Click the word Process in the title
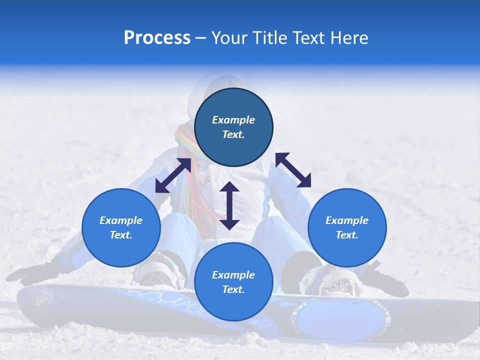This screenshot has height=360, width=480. (157, 38)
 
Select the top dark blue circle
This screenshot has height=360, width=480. (233, 127)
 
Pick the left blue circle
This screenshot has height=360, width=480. (121, 227)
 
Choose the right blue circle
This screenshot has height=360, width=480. (347, 227)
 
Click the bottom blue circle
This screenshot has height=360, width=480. (233, 282)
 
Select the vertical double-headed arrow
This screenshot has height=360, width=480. (229, 205)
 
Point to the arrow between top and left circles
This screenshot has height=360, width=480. (173, 175)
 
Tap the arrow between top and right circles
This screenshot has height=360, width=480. (293, 170)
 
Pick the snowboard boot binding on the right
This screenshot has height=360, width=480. (332, 280)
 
